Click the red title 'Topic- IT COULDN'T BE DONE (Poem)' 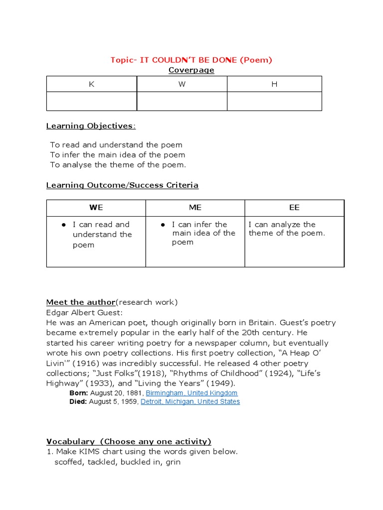[191, 60]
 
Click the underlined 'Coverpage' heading [191, 70]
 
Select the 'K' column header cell [91, 84]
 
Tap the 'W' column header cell [182, 84]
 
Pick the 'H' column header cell [274, 84]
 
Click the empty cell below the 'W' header [182, 101]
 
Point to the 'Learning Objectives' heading [89, 126]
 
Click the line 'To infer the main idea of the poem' [117, 155]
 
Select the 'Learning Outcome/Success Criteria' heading [122, 185]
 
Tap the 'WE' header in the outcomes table [96, 208]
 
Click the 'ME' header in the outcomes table [195, 208]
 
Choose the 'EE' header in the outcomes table [294, 208]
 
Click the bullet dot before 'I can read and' [64, 225]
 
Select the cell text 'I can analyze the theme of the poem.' [287, 229]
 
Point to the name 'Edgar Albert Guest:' [84, 312]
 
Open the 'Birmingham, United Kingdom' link [191, 393]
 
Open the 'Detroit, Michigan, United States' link [190, 401]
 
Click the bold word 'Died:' [78, 401]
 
